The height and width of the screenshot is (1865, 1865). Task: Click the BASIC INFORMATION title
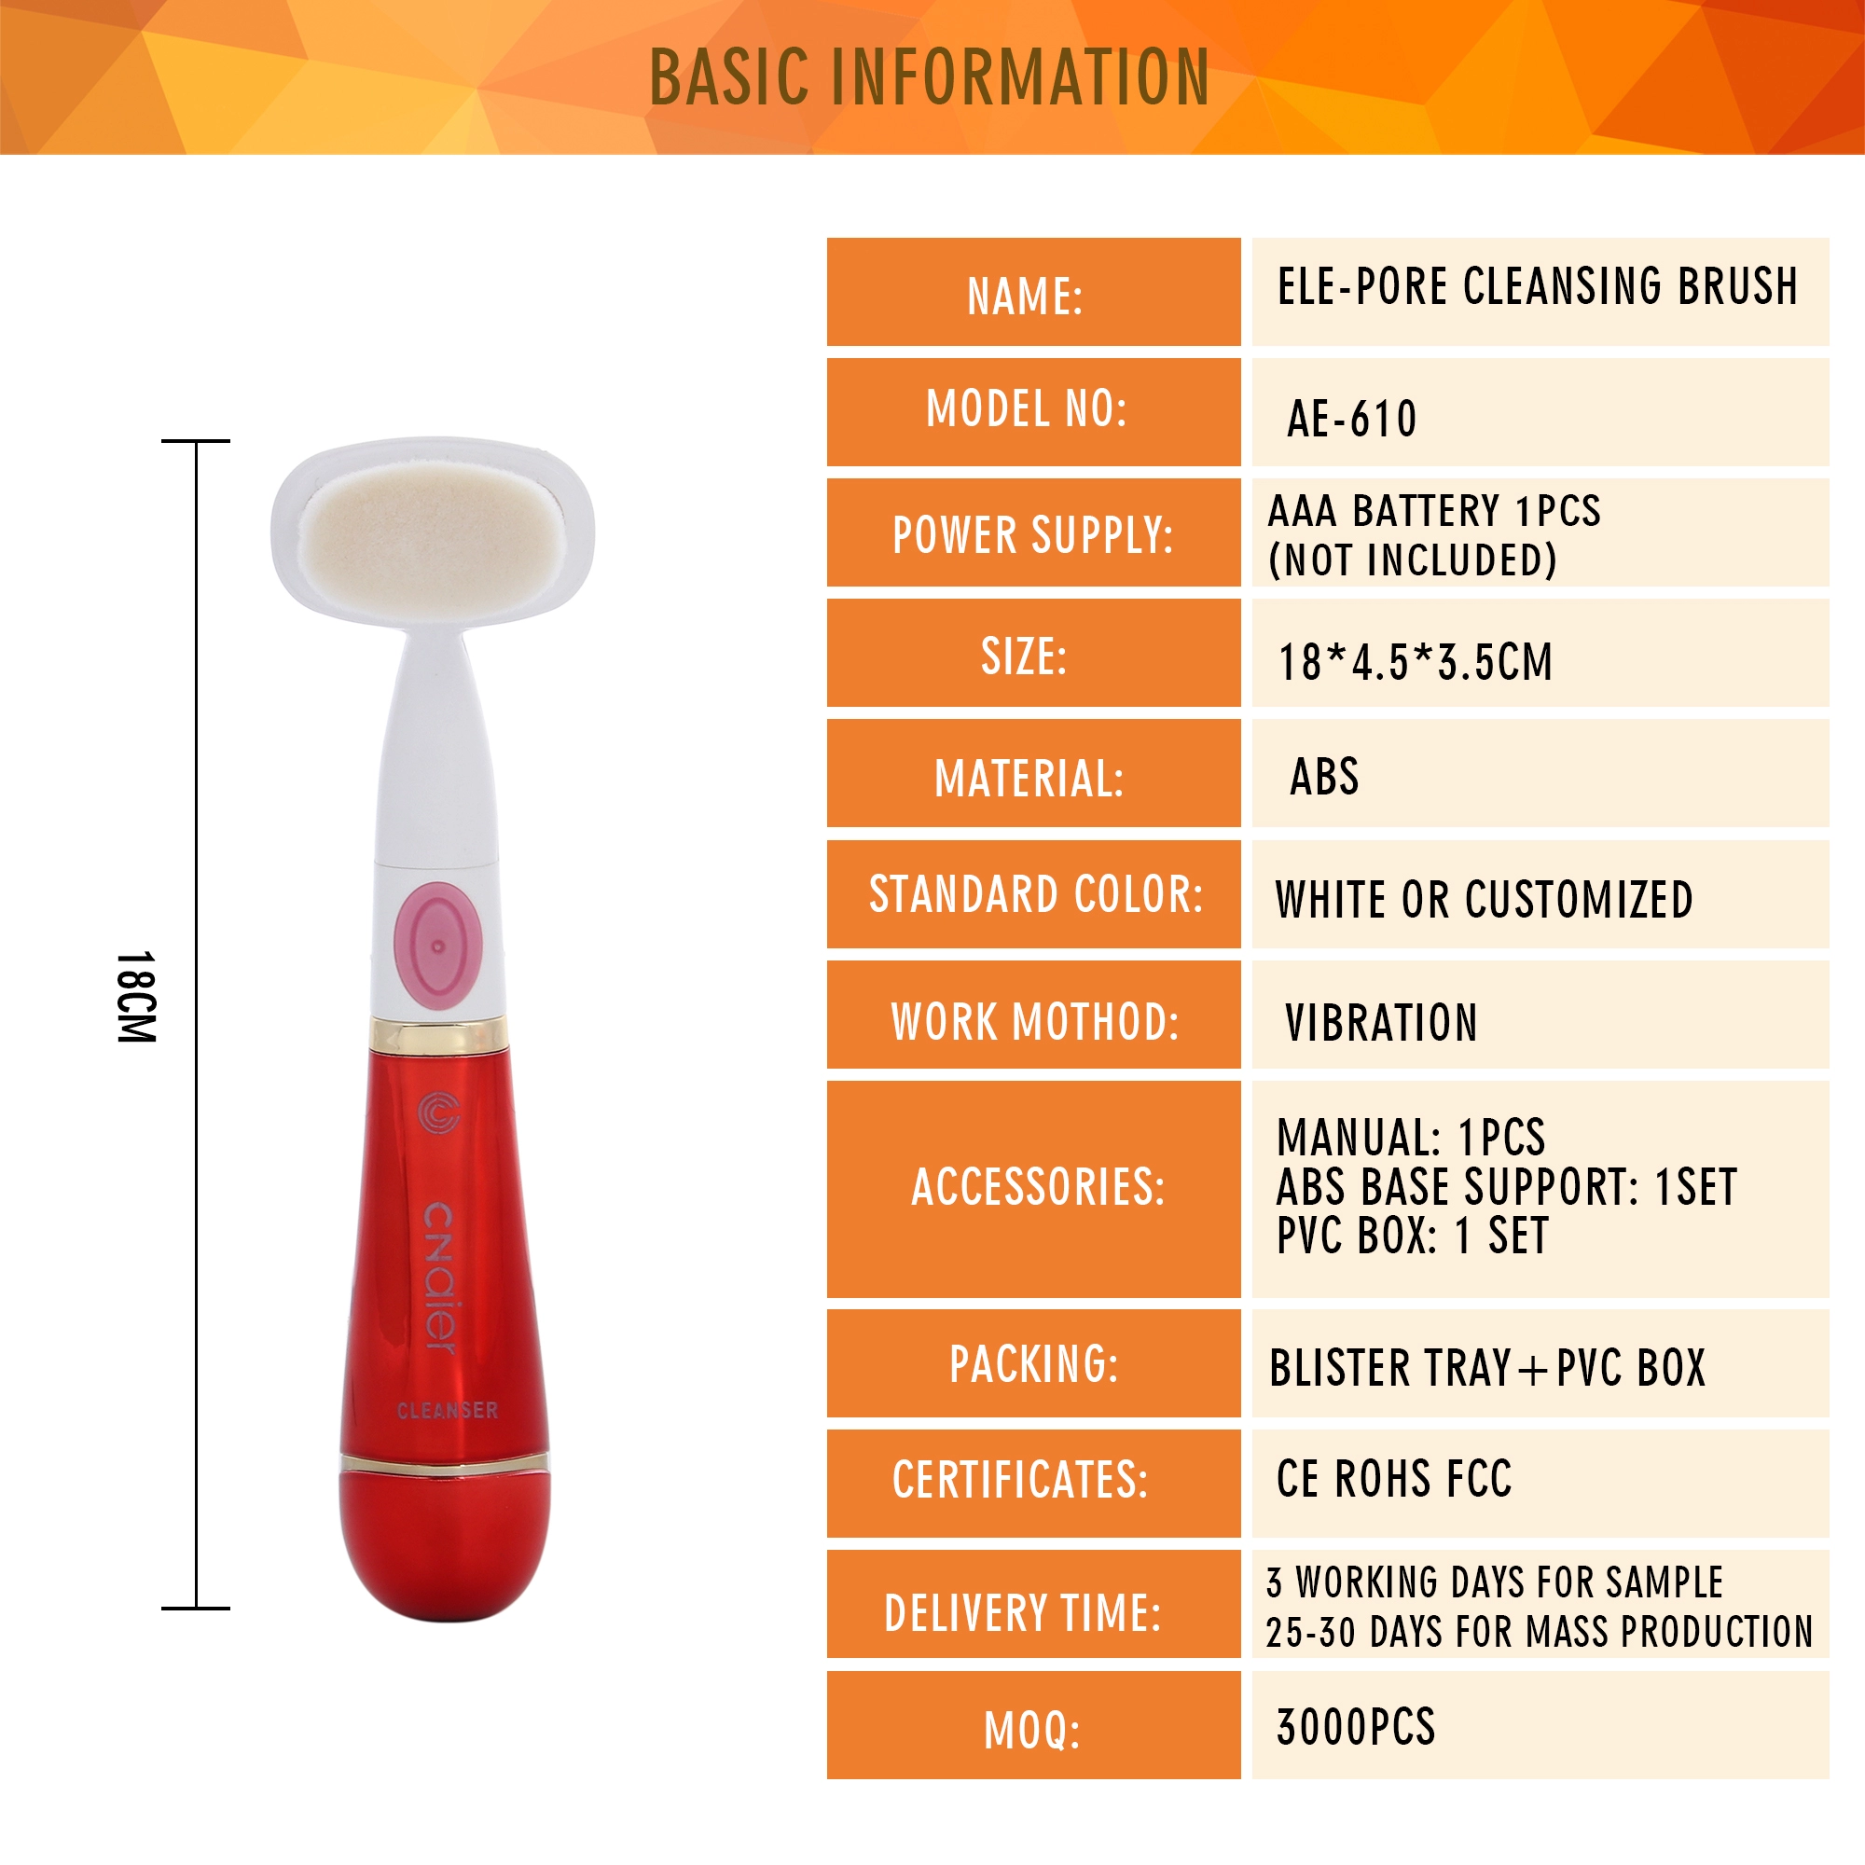click(929, 76)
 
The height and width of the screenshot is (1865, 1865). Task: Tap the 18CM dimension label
click(136, 996)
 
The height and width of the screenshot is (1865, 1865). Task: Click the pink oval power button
click(438, 946)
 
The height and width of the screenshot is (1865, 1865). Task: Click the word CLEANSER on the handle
click(448, 1410)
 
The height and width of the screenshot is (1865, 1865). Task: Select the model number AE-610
click(1351, 419)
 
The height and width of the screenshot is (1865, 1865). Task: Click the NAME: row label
click(1025, 297)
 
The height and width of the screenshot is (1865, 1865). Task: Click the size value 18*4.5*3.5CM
click(1416, 662)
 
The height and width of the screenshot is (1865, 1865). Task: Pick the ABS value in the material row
click(1324, 777)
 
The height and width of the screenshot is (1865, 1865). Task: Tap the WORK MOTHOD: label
click(1035, 1021)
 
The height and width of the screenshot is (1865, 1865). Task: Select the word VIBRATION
click(1381, 1023)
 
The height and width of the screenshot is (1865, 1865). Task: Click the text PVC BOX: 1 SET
click(1412, 1236)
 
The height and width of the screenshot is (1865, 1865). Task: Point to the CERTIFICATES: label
click(1020, 1480)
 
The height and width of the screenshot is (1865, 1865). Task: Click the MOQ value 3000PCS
click(1356, 1728)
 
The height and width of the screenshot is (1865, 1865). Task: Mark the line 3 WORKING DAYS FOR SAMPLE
click(1494, 1583)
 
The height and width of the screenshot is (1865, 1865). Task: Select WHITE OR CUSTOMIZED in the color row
click(1484, 900)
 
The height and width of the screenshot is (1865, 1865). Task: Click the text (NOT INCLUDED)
click(1412, 559)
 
